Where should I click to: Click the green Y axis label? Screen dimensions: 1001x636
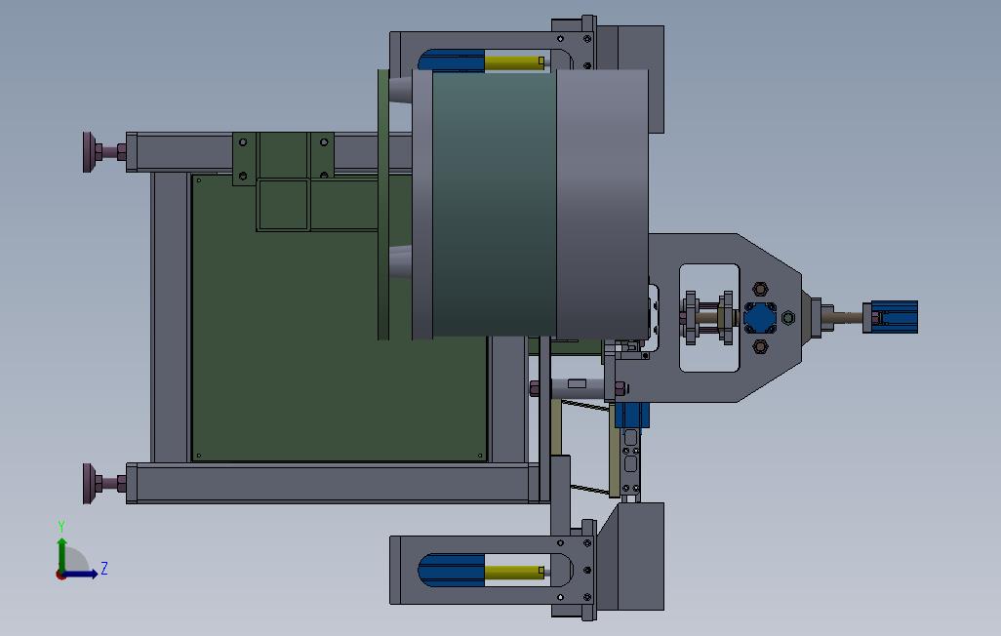tap(61, 526)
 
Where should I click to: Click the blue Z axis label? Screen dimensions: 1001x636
tap(104, 568)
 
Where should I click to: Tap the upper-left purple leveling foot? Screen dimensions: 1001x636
tap(104, 152)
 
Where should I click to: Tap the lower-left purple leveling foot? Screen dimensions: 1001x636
tap(104, 484)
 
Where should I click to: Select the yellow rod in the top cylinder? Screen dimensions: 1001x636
tap(514, 61)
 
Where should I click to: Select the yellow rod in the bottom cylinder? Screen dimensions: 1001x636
tap(514, 572)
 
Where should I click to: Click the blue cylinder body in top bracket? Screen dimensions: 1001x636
tap(452, 60)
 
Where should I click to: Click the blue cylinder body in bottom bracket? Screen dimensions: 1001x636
tap(452, 571)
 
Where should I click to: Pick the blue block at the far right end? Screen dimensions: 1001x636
tap(891, 317)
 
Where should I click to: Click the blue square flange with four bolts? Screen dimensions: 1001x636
tap(760, 317)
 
